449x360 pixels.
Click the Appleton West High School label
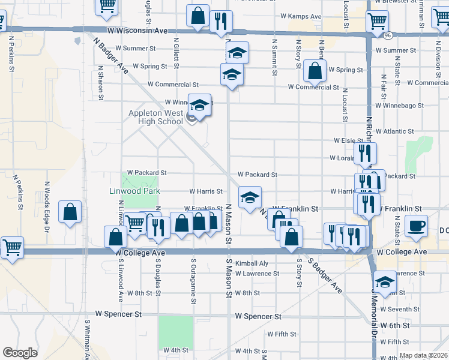tap(155, 117)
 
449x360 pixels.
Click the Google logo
tap(20, 353)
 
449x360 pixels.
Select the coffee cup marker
tap(416, 226)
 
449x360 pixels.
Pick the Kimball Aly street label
tap(252, 263)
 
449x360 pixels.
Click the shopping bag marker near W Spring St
tap(315, 71)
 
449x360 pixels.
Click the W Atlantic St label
tap(393, 131)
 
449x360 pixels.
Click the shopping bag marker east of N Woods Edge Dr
tap(70, 211)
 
